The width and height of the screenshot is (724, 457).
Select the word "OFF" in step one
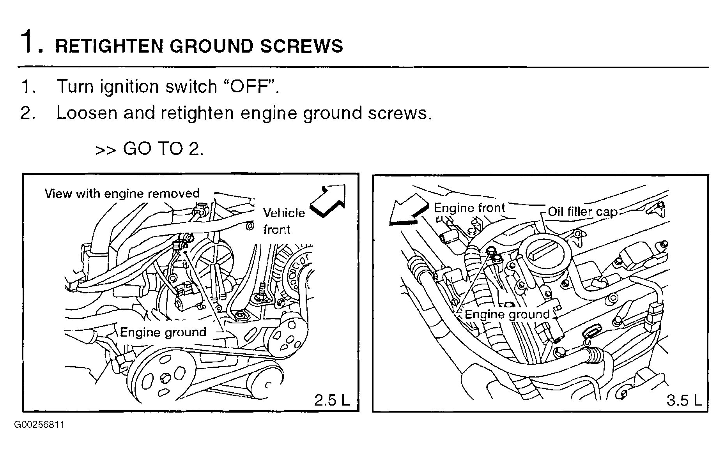(x=250, y=86)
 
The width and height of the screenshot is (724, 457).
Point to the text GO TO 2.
(x=163, y=149)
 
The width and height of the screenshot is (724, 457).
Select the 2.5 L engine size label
(x=332, y=400)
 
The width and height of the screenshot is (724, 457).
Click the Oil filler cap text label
(x=582, y=212)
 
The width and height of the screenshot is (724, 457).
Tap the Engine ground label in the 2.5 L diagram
(x=163, y=332)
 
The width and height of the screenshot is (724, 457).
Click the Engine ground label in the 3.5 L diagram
(x=507, y=314)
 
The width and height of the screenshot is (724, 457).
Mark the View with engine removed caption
(x=122, y=194)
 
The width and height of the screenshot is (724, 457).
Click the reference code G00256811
(x=39, y=425)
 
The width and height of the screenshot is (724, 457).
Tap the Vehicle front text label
(x=283, y=221)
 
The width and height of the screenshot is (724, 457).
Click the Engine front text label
(x=469, y=208)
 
